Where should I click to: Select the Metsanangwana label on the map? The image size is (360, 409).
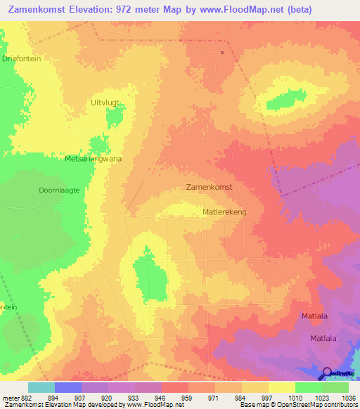93,159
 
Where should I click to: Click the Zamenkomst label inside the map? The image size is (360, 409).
213,188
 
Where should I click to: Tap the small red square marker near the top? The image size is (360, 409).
222,52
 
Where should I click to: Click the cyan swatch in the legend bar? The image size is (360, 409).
41,387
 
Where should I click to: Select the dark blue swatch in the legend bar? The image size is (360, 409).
68,387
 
